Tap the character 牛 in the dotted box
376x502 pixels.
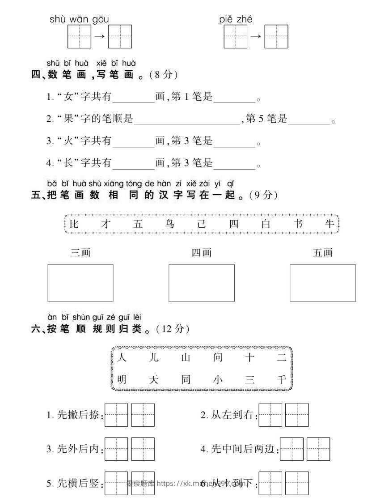(330, 224)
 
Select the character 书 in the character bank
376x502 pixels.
(299, 224)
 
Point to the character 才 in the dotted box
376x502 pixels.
(106, 224)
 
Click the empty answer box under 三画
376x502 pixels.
(80, 283)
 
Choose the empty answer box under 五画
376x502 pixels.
(322, 283)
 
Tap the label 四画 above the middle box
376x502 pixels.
(201, 253)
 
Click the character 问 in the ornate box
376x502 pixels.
(218, 358)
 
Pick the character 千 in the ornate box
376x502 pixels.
(281, 380)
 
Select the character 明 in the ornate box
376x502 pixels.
(122, 380)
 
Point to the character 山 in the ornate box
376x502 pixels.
(186, 358)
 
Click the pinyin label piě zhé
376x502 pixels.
(236, 20)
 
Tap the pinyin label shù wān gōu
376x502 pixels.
(79, 20)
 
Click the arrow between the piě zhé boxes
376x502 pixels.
(256, 36)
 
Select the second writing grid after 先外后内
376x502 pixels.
(143, 449)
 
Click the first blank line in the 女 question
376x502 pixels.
(133, 98)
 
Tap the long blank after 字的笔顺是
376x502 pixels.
(187, 119)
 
